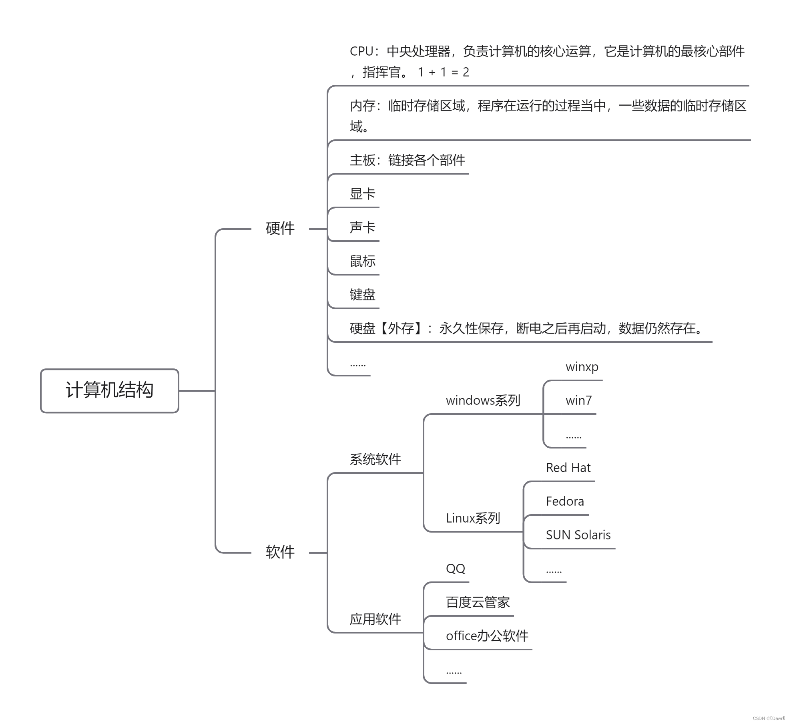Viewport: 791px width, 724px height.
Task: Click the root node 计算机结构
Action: pyautogui.click(x=109, y=390)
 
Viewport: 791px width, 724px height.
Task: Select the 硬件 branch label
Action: pyautogui.click(x=280, y=229)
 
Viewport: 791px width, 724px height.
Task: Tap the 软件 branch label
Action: pyautogui.click(x=280, y=552)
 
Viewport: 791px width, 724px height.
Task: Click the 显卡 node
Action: pyautogui.click(x=362, y=194)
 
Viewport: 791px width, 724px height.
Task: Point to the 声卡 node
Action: pyautogui.click(x=362, y=227)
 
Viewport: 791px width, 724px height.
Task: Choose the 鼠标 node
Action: pyautogui.click(x=362, y=261)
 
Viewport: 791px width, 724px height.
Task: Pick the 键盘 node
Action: pyautogui.click(x=362, y=295)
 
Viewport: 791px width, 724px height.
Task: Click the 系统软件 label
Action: pyautogui.click(x=375, y=459)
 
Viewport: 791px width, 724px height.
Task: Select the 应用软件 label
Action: pyautogui.click(x=375, y=619)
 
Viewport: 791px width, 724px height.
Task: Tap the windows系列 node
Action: pyautogui.click(x=483, y=400)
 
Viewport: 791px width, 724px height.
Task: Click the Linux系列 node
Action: pyautogui.click(x=473, y=518)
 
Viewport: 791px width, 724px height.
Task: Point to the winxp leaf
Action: pyautogui.click(x=582, y=367)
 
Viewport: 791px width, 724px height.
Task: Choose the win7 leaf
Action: pyautogui.click(x=578, y=400)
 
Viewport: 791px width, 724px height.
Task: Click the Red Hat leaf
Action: pyautogui.click(x=568, y=468)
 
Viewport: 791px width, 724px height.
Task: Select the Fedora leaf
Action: pyautogui.click(x=565, y=501)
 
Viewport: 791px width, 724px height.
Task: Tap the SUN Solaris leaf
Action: pyautogui.click(x=578, y=535)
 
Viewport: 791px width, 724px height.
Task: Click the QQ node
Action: pyautogui.click(x=456, y=569)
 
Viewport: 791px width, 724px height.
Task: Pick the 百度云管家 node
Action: pyautogui.click(x=478, y=602)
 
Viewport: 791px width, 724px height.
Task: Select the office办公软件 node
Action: pyautogui.click(x=487, y=636)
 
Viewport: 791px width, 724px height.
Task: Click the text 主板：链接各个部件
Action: pyautogui.click(x=407, y=161)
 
